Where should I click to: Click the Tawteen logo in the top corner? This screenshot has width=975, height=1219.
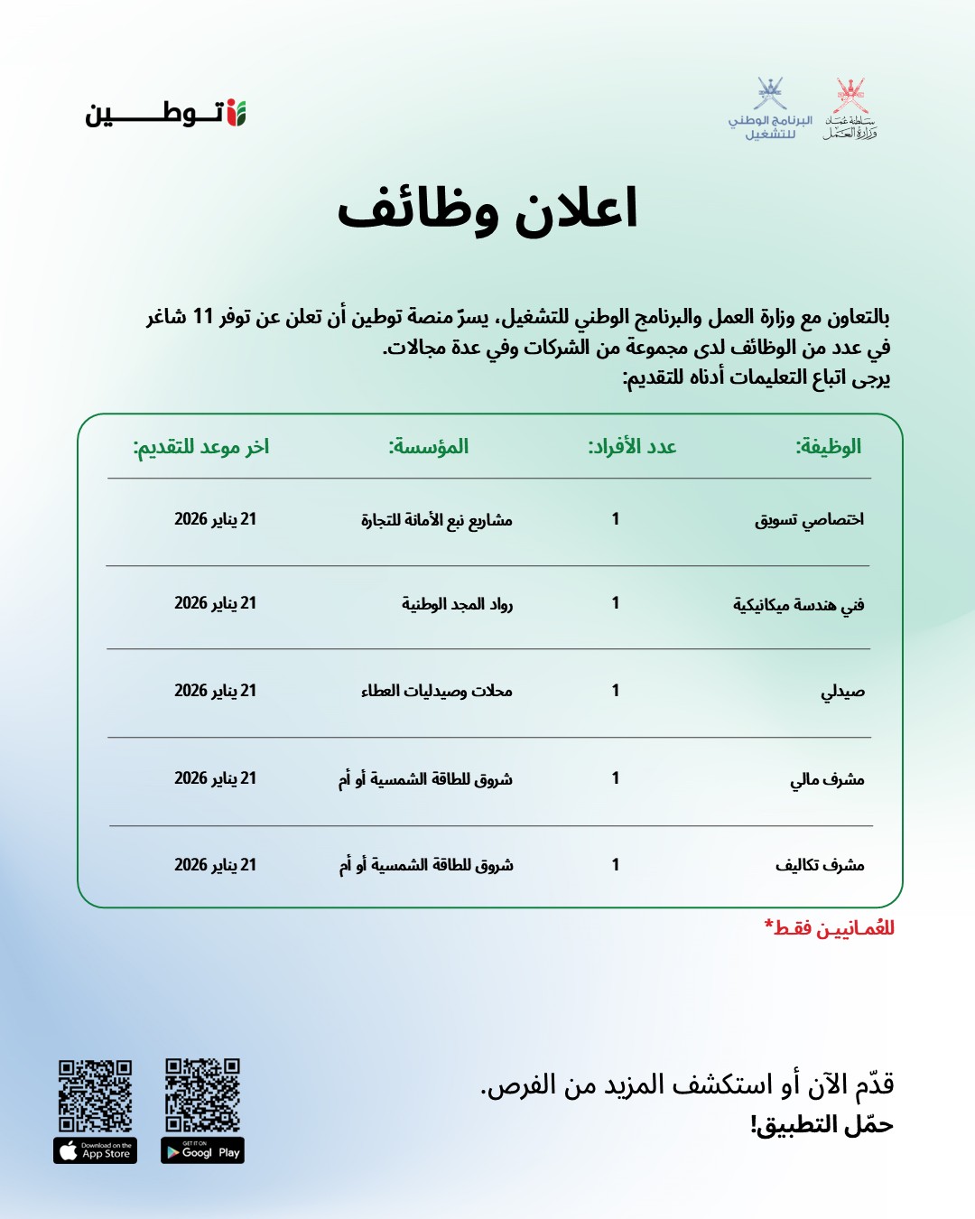pyautogui.click(x=165, y=114)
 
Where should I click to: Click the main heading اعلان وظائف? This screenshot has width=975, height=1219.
pyautogui.click(x=487, y=209)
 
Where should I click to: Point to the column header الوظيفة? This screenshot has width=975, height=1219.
pyautogui.click(x=828, y=447)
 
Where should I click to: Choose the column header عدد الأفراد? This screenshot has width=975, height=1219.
pyautogui.click(x=632, y=447)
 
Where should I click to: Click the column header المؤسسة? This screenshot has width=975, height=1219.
pyautogui.click(x=429, y=447)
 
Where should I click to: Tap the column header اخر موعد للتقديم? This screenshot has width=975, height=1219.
pyautogui.click(x=201, y=447)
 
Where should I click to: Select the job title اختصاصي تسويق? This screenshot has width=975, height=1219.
pyautogui.click(x=809, y=519)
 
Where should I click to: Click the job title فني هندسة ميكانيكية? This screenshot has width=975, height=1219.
pyautogui.click(x=798, y=604)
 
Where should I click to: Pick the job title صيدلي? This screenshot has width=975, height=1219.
pyautogui.click(x=842, y=692)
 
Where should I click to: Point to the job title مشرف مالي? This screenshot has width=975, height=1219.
pyautogui.click(x=827, y=779)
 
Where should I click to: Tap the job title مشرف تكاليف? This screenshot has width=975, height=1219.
pyautogui.click(x=820, y=865)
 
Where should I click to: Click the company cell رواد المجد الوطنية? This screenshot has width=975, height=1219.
pyautogui.click(x=457, y=604)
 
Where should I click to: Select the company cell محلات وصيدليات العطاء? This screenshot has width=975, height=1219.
pyautogui.click(x=437, y=692)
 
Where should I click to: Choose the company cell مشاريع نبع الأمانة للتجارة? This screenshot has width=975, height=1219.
pyautogui.click(x=437, y=520)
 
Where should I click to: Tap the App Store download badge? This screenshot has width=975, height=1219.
pyautogui.click(x=95, y=1151)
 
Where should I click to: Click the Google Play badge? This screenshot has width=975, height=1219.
pyautogui.click(x=203, y=1151)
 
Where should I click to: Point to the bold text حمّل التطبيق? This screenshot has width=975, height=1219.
pyautogui.click(x=822, y=1125)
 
